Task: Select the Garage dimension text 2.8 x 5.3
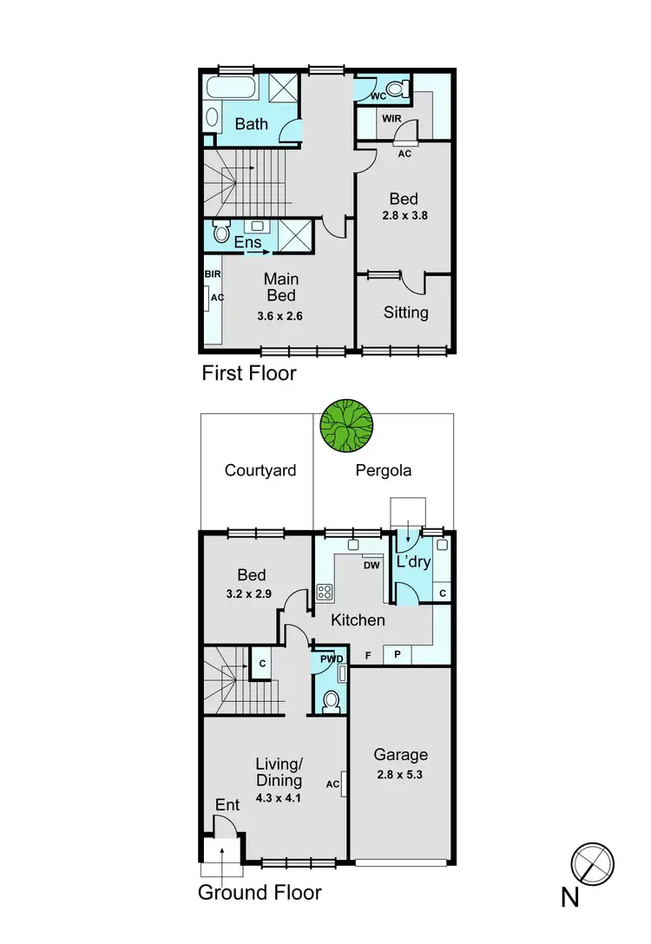click(400, 775)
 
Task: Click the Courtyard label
click(260, 471)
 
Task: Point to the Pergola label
click(384, 471)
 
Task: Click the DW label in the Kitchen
click(372, 563)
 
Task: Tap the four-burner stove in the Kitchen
click(325, 593)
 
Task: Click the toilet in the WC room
click(397, 88)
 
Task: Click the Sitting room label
click(406, 312)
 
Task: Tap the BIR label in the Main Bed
click(213, 273)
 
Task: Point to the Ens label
click(247, 243)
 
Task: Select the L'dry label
click(413, 562)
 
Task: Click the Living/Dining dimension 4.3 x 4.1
click(279, 796)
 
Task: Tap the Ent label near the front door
click(227, 806)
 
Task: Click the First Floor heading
click(249, 374)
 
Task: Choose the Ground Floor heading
click(260, 892)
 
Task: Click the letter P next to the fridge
click(398, 655)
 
